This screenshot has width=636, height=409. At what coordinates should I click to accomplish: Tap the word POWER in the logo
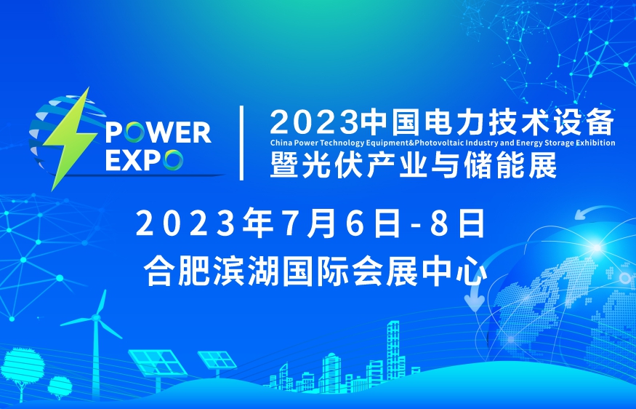[x=158, y=132]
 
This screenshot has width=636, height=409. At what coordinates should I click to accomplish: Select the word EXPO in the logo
[x=144, y=159]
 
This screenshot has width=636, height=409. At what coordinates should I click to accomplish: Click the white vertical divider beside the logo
[x=242, y=143]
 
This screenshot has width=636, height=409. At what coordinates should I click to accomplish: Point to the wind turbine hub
[x=96, y=317]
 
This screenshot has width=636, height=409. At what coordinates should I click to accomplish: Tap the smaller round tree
[x=60, y=385]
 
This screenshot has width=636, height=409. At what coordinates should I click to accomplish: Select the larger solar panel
[x=158, y=362]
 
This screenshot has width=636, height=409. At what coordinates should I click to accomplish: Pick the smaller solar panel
[x=217, y=360]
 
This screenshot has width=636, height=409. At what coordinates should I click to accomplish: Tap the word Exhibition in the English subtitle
[x=597, y=143]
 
